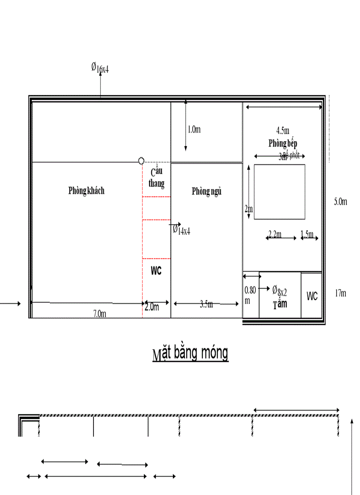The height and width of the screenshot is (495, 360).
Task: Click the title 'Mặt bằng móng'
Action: coord(190,354)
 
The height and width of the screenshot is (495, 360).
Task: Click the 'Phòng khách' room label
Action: coord(86,191)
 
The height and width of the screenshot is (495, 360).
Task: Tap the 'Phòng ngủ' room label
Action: coord(206,191)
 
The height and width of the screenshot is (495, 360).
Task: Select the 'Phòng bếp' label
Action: coord(283,144)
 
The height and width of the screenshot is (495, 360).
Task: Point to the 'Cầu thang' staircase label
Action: coord(157,178)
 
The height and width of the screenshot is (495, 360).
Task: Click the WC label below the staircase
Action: coord(156,271)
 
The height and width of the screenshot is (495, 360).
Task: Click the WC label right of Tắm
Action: coord(312,296)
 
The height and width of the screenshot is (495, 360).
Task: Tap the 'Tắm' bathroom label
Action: coord(280,304)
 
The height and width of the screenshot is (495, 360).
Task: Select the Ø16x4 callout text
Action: coord(100,67)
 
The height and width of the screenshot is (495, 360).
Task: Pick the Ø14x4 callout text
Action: coord(181,230)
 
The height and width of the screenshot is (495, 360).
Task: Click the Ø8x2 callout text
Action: coord(280,290)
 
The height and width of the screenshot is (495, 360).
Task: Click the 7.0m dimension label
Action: coord(99,313)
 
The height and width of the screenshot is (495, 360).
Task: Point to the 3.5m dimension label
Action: coord(206,304)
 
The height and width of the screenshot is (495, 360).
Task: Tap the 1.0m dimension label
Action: coord(194,129)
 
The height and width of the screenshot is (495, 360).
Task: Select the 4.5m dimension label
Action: coord(283,130)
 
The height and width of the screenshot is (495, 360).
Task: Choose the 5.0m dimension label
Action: coord(341,201)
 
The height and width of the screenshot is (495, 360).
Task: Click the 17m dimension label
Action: coord(340,293)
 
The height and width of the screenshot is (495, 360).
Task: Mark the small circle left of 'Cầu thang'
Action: coord(141,161)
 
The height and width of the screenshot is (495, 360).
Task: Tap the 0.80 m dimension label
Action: coord(250,295)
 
